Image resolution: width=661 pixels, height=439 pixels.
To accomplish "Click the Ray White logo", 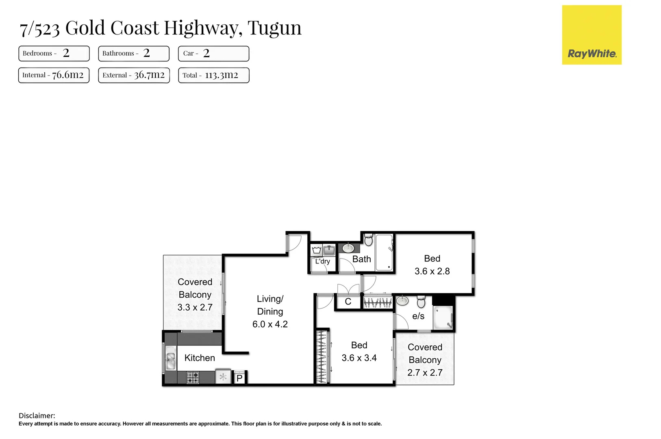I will tap(591, 35).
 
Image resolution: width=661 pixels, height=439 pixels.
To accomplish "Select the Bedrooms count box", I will tap(54, 53).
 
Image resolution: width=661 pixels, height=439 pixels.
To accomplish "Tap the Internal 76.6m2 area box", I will tap(54, 75).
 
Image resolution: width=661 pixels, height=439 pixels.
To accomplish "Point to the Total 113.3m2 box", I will tap(213, 75).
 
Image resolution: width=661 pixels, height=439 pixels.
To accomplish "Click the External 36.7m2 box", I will tap(134, 75).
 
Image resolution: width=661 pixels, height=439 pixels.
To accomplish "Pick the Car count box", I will tap(213, 53).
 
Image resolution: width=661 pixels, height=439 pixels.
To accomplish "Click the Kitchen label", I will tap(200, 358).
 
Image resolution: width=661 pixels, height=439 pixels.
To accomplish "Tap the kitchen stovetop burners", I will tap(193, 378).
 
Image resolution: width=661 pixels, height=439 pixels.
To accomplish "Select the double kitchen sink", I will tap(170, 358).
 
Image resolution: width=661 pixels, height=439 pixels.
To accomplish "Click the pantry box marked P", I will tap(239, 378).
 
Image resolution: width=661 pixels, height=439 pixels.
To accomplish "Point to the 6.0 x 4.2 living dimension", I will tap(270, 324).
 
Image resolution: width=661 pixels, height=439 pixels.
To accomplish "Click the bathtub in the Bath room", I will tap(384, 252).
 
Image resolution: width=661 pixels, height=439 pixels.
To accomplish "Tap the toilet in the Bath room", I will tap(368, 240).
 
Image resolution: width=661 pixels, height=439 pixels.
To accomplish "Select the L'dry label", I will tap(322, 261).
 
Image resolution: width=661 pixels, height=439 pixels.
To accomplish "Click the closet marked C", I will tap(348, 302).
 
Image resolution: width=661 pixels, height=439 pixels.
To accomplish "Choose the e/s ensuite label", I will tap(418, 316).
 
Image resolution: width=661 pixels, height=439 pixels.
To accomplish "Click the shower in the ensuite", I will tap(443, 318).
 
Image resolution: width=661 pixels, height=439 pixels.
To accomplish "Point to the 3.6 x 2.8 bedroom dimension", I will tap(432, 272).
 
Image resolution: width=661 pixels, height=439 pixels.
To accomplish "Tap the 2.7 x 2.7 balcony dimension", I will tap(425, 373).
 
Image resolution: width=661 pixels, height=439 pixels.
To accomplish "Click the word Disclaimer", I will tap(37, 415).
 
